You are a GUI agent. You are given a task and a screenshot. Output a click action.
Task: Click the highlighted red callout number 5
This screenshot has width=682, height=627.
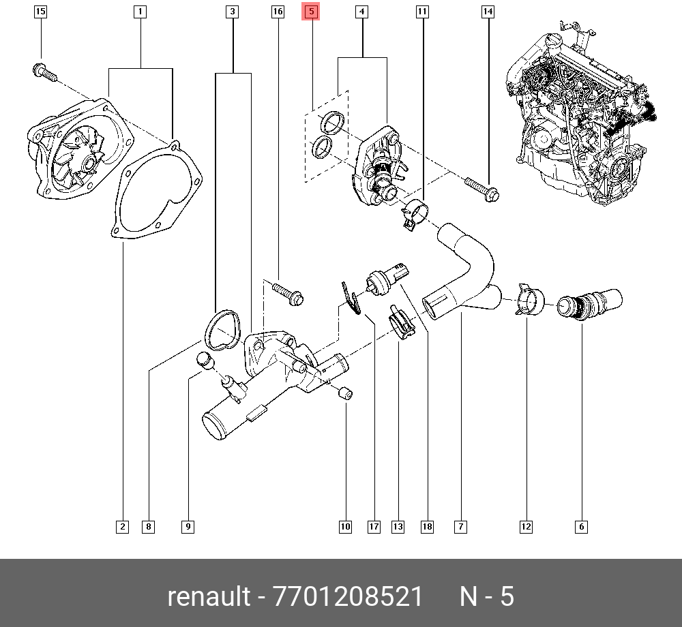(x=311, y=12)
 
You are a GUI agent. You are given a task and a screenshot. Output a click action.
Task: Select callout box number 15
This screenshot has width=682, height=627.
(x=40, y=12)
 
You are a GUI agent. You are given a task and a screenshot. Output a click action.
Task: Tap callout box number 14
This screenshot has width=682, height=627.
(x=488, y=12)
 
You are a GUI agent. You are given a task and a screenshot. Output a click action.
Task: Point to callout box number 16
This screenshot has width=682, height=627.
(x=277, y=12)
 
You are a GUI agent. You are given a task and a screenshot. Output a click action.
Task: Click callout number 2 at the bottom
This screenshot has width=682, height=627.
(x=122, y=526)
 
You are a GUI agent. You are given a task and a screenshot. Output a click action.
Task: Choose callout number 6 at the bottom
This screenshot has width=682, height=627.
(x=581, y=526)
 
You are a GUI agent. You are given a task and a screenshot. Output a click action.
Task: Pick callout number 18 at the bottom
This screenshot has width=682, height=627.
(x=427, y=526)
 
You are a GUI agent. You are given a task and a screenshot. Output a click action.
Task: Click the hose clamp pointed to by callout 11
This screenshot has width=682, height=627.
(x=413, y=213)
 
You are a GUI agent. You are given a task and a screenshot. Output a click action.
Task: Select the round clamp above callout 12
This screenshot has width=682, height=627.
(x=530, y=301)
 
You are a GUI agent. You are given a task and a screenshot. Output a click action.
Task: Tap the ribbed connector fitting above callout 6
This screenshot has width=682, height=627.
(x=589, y=304)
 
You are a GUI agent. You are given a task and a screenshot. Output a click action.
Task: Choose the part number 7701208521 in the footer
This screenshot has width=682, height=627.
(x=348, y=597)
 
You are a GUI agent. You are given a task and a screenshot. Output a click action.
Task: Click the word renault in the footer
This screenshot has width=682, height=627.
(x=209, y=597)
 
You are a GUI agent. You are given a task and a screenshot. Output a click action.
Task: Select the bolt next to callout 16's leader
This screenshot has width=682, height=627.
(x=287, y=293)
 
